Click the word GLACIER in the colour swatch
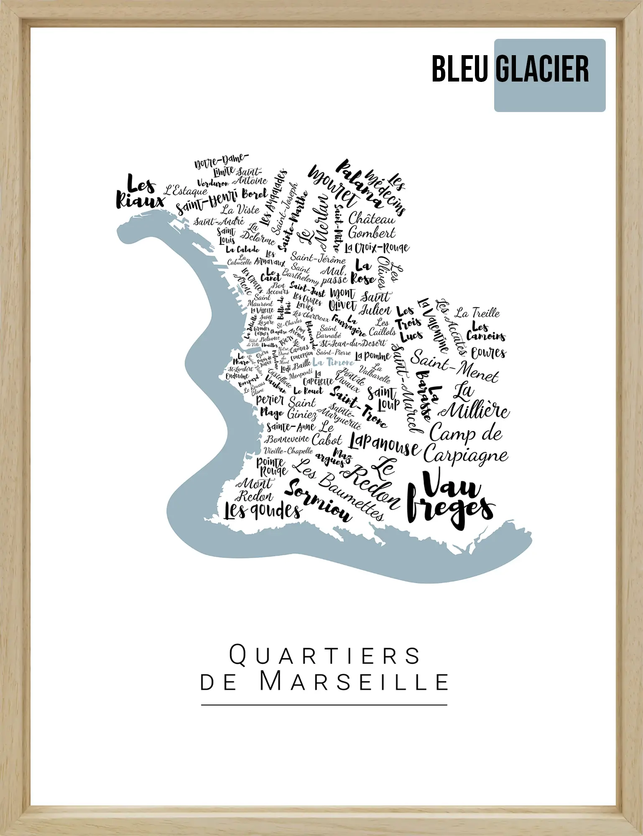coord(543,69)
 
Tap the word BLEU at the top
coord(459,69)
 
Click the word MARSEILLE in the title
coord(354,682)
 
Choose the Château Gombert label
coord(371,226)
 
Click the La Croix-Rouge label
coord(377,248)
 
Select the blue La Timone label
coord(333,362)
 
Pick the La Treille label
coord(477,313)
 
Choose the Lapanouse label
coord(384,444)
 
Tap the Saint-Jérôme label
coord(318,257)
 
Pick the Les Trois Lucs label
coord(409,324)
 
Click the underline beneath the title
coord(324,705)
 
